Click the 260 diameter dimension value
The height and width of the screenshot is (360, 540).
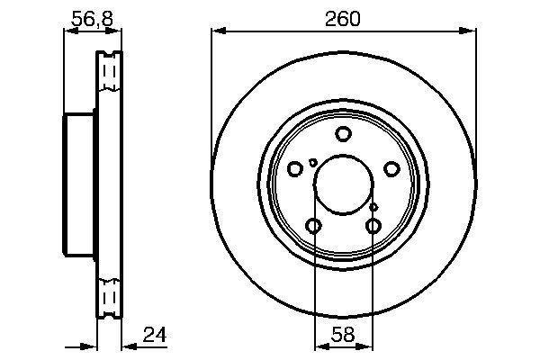[343, 18]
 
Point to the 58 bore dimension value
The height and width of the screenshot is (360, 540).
[343, 336]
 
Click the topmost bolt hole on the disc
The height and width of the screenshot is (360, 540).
[343, 135]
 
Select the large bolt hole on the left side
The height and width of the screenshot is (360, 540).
[295, 169]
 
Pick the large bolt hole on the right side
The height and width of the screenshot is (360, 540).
[391, 169]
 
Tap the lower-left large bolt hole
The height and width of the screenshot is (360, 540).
[313, 226]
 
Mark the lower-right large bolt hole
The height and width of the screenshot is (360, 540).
[373, 226]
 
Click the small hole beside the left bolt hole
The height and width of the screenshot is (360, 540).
[312, 163]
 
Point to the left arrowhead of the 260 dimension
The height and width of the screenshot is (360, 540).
[216, 32]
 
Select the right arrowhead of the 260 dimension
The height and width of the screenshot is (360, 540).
[471, 32]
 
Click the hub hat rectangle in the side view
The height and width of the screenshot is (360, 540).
[80, 184]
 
